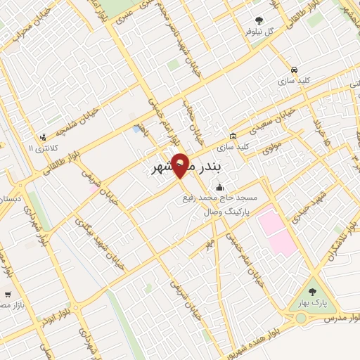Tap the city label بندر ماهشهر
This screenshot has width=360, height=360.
pyautogui.click(x=186, y=167)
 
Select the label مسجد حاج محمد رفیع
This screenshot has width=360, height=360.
pyautogui.click(x=219, y=198)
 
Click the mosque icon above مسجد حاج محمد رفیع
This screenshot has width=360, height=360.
pyautogui.click(x=220, y=187)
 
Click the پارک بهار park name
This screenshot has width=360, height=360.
pyautogui.click(x=312, y=304)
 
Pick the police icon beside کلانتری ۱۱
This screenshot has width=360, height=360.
pyautogui.click(x=44, y=137)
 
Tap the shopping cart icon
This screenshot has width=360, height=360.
pyautogui.click(x=8, y=295)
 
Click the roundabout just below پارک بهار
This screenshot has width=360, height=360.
pyautogui.click(x=301, y=318)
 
